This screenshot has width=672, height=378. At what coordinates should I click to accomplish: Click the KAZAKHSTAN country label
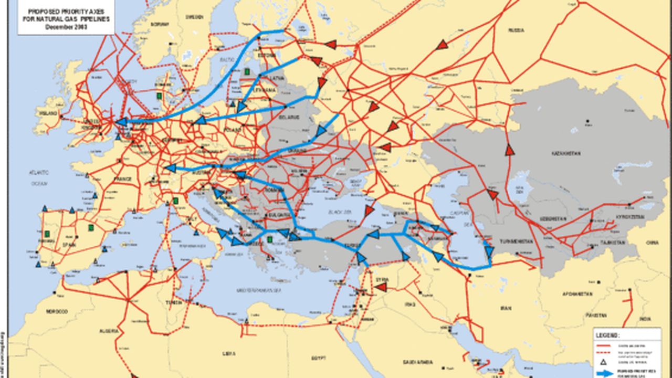pos(566,154)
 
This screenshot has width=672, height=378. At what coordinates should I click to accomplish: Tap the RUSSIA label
pos(516,30)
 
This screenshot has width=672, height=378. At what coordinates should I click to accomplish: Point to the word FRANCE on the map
pos(122,179)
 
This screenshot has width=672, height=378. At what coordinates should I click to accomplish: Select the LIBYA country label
pos(229,353)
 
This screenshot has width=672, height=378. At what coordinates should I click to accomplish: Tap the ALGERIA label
pos(109,331)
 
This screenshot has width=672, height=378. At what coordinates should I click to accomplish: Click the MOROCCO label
pos(57,311)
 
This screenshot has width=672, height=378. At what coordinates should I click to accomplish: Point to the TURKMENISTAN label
pos(516,241)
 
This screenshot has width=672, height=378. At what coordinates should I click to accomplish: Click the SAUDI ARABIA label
pos(417,362)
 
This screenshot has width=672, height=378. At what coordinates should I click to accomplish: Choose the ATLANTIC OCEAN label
pos(39,177)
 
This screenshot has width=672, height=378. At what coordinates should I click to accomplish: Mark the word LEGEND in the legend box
pos(607,334)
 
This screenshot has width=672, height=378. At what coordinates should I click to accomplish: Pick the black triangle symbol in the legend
pos(604,362)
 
